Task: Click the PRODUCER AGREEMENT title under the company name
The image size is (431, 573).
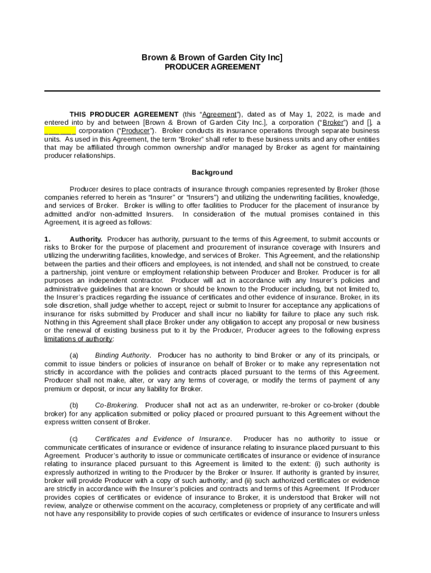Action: tap(212, 67)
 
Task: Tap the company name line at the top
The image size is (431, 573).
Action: tap(212, 57)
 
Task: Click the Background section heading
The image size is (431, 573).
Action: tap(212, 172)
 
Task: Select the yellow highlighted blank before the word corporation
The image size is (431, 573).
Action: tap(60, 131)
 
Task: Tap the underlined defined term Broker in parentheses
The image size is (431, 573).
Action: tap(333, 123)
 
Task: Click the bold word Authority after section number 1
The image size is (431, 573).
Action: tap(86, 239)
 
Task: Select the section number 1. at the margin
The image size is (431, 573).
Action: tap(48, 239)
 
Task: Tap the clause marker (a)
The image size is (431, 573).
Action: tap(74, 355)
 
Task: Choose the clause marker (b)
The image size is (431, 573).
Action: tap(74, 405)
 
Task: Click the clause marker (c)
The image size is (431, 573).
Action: tap(74, 439)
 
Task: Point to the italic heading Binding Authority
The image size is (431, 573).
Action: tap(123, 355)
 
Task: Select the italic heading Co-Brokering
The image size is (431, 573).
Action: tap(116, 405)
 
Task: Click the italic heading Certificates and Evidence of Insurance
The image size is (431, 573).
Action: tap(163, 439)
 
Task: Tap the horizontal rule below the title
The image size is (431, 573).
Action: tap(212, 91)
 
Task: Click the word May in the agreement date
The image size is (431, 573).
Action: tap(296, 114)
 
